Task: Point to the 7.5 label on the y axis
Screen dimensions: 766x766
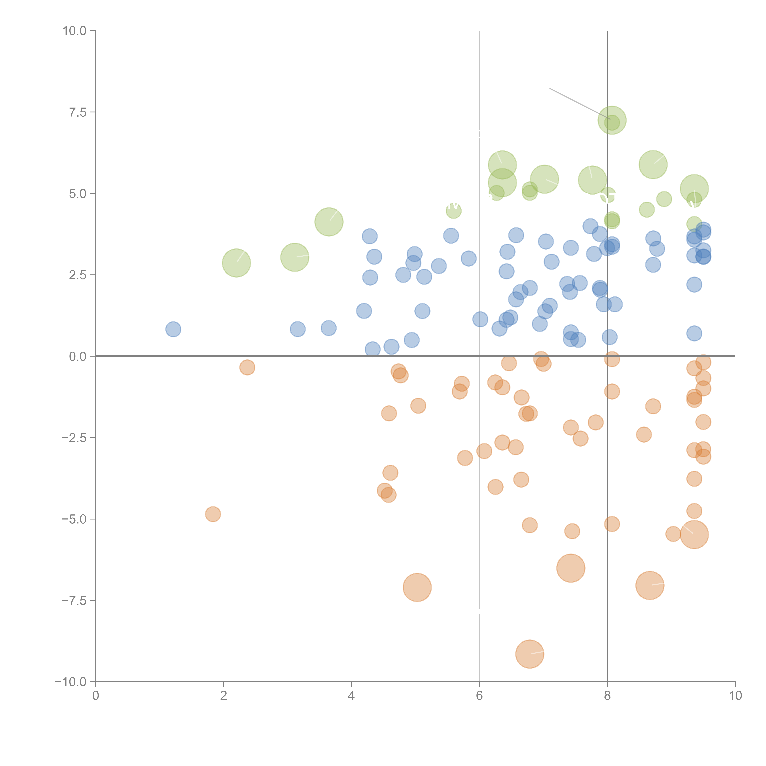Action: click(x=78, y=112)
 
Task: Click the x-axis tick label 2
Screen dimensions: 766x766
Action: click(x=224, y=696)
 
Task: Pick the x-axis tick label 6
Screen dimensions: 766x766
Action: click(x=479, y=696)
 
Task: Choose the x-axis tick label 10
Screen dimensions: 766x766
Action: click(x=735, y=696)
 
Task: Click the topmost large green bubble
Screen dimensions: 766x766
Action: click(x=612, y=120)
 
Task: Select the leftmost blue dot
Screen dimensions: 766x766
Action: click(x=173, y=329)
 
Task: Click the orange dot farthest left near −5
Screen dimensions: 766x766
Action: click(x=213, y=514)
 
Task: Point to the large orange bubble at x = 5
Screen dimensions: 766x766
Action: click(x=417, y=587)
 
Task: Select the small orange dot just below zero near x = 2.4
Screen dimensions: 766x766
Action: click(x=247, y=368)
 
